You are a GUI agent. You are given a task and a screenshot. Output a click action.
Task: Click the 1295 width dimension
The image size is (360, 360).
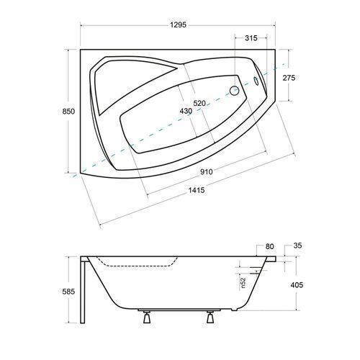[178, 24]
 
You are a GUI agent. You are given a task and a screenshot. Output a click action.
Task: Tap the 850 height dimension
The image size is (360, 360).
[68, 112]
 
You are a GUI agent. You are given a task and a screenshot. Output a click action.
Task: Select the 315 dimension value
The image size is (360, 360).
[251, 38]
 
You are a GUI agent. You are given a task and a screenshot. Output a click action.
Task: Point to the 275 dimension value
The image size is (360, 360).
[289, 78]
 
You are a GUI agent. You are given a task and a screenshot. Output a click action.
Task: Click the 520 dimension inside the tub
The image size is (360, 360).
[199, 103]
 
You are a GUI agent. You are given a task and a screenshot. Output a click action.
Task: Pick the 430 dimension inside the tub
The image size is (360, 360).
[186, 111]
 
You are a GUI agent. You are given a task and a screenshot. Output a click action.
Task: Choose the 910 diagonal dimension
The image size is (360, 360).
[207, 172]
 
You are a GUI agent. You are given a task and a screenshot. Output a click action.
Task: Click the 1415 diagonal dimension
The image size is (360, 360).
[197, 190]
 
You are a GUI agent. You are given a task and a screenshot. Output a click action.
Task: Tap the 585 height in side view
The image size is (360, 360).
[68, 292]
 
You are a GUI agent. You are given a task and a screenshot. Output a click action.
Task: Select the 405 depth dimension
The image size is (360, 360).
[297, 285]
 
